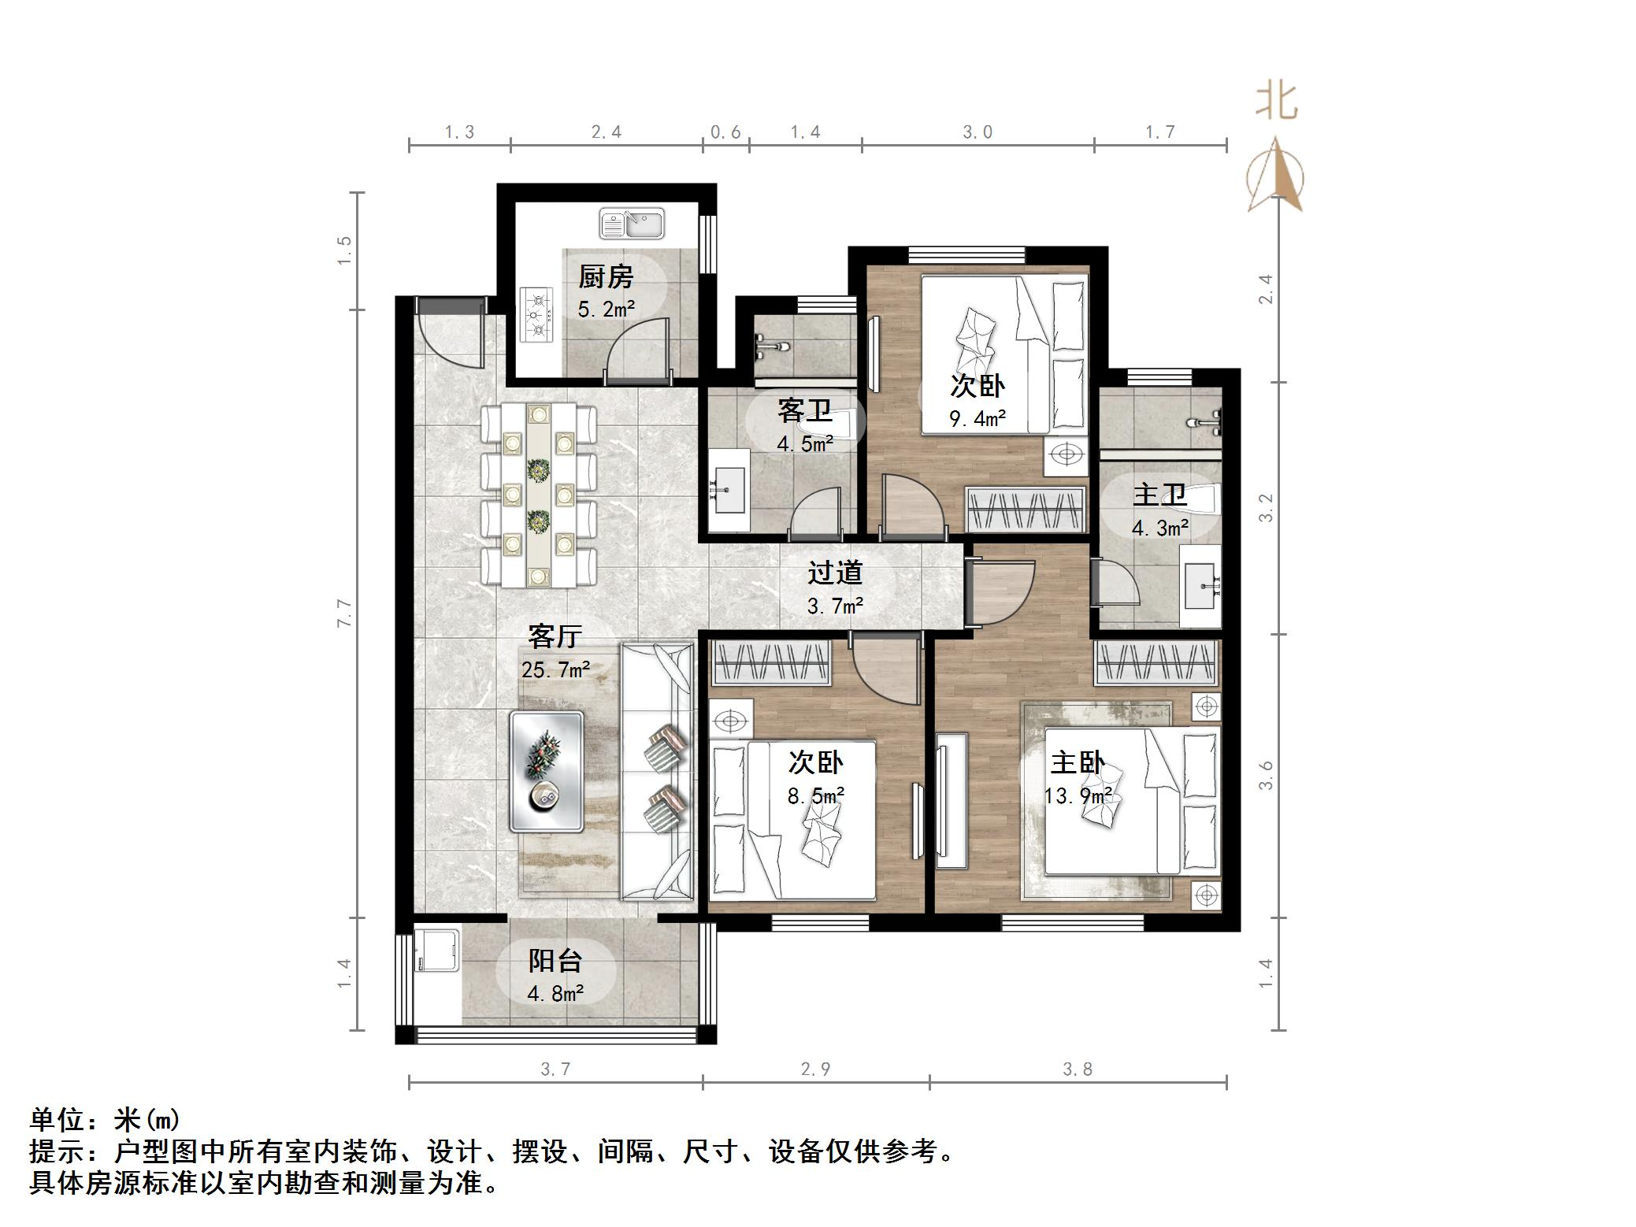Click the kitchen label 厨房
[x=605, y=276]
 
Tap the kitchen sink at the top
[x=631, y=224]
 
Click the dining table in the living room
[x=539, y=495]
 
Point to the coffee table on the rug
[x=546, y=771]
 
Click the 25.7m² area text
[x=555, y=669]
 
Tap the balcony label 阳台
[x=555, y=961]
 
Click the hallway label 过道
[x=835, y=573]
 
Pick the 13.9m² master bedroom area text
[x=1078, y=795]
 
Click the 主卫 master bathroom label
[x=1159, y=495]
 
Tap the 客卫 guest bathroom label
[x=804, y=410]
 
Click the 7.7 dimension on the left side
[x=344, y=613]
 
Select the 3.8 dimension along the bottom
[x=1077, y=1069]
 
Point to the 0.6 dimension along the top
[x=725, y=132]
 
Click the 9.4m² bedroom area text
[x=978, y=418]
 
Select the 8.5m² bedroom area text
[x=816, y=795]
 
